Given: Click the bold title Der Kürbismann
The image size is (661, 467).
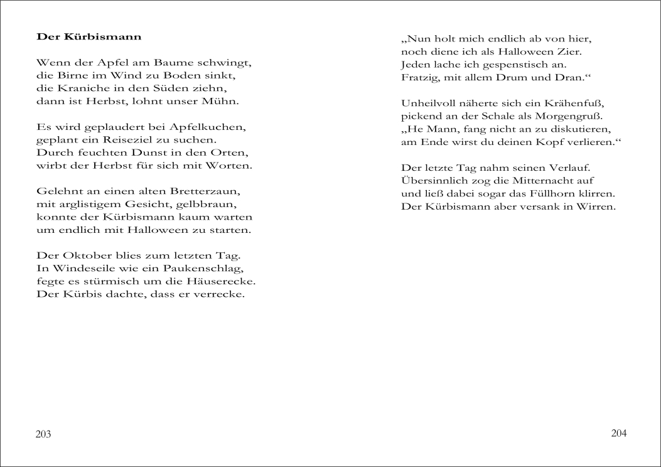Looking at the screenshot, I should (x=89, y=36).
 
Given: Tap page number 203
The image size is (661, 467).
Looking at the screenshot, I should (x=43, y=434).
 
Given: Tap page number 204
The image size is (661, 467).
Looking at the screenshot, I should (x=619, y=433).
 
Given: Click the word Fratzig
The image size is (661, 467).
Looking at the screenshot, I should (x=418, y=77).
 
